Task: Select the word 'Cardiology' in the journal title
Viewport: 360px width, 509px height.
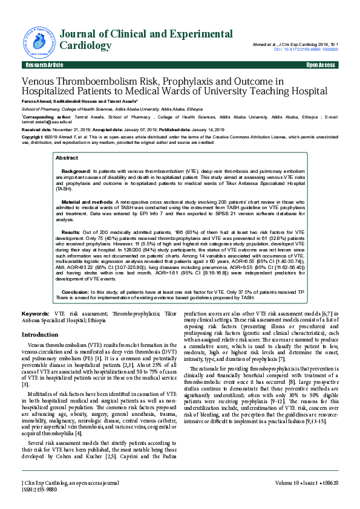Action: click(86, 46)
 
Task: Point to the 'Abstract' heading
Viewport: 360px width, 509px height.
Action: click(67, 158)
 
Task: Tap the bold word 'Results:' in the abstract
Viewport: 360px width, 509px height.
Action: click(71, 232)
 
